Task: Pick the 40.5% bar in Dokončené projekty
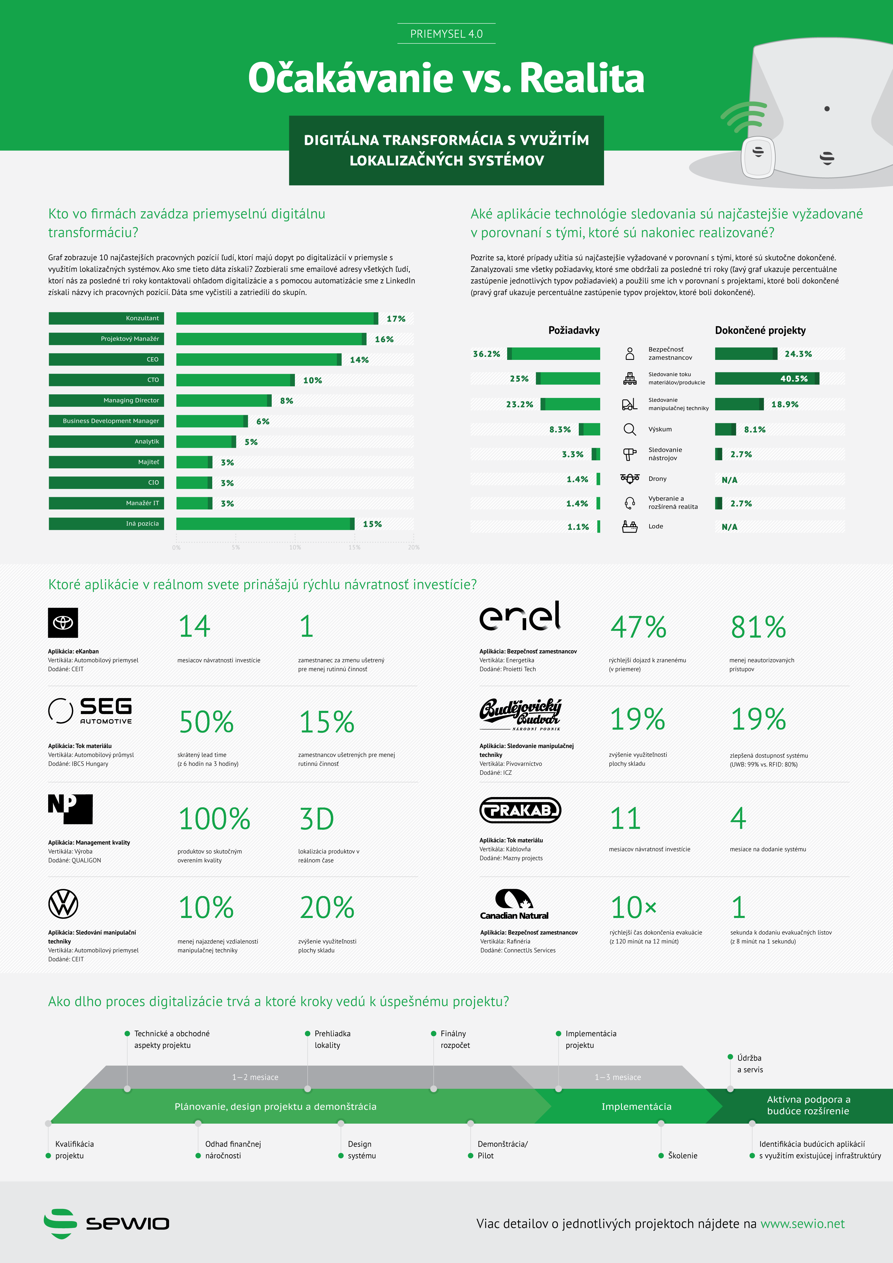pos(766,379)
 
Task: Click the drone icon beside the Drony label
pos(629,478)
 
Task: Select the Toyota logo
pos(63,623)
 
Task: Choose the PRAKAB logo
pos(520,810)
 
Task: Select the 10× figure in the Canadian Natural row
pos(633,908)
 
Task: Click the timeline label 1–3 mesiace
pos(617,1077)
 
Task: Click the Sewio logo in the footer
pos(106,1223)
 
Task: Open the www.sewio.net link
pos(802,1224)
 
